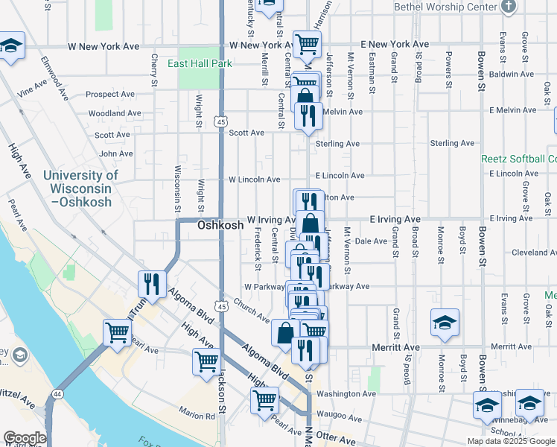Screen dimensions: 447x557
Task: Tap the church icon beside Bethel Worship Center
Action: (x=509, y=7)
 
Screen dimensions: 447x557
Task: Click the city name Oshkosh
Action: (x=220, y=225)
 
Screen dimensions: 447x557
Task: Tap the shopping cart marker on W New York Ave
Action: (x=306, y=44)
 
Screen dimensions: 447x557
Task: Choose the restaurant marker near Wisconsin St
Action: (x=151, y=284)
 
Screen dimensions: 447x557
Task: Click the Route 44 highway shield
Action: (x=57, y=393)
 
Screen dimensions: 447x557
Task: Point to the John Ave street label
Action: (x=115, y=153)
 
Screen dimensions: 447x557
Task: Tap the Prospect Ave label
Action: (x=109, y=95)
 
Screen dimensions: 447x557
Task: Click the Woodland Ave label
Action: (x=111, y=114)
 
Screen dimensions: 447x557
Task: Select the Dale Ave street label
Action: (x=372, y=241)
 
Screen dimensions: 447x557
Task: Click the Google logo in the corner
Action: (x=24, y=438)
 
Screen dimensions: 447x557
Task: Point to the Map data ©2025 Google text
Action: (x=511, y=441)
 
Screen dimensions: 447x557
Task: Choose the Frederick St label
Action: (x=257, y=250)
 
